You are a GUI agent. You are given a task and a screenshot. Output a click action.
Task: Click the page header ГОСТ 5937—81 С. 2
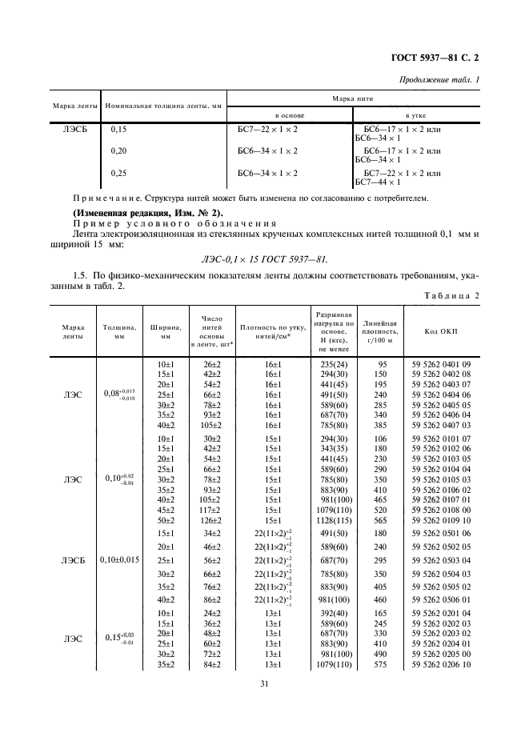[x=439, y=58]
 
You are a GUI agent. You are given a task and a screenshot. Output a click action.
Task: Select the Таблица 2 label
[x=453, y=296]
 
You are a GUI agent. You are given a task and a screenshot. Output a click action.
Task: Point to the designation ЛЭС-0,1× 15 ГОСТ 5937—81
[x=263, y=259]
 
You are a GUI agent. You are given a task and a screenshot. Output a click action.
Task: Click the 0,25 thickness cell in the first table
[x=118, y=172]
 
